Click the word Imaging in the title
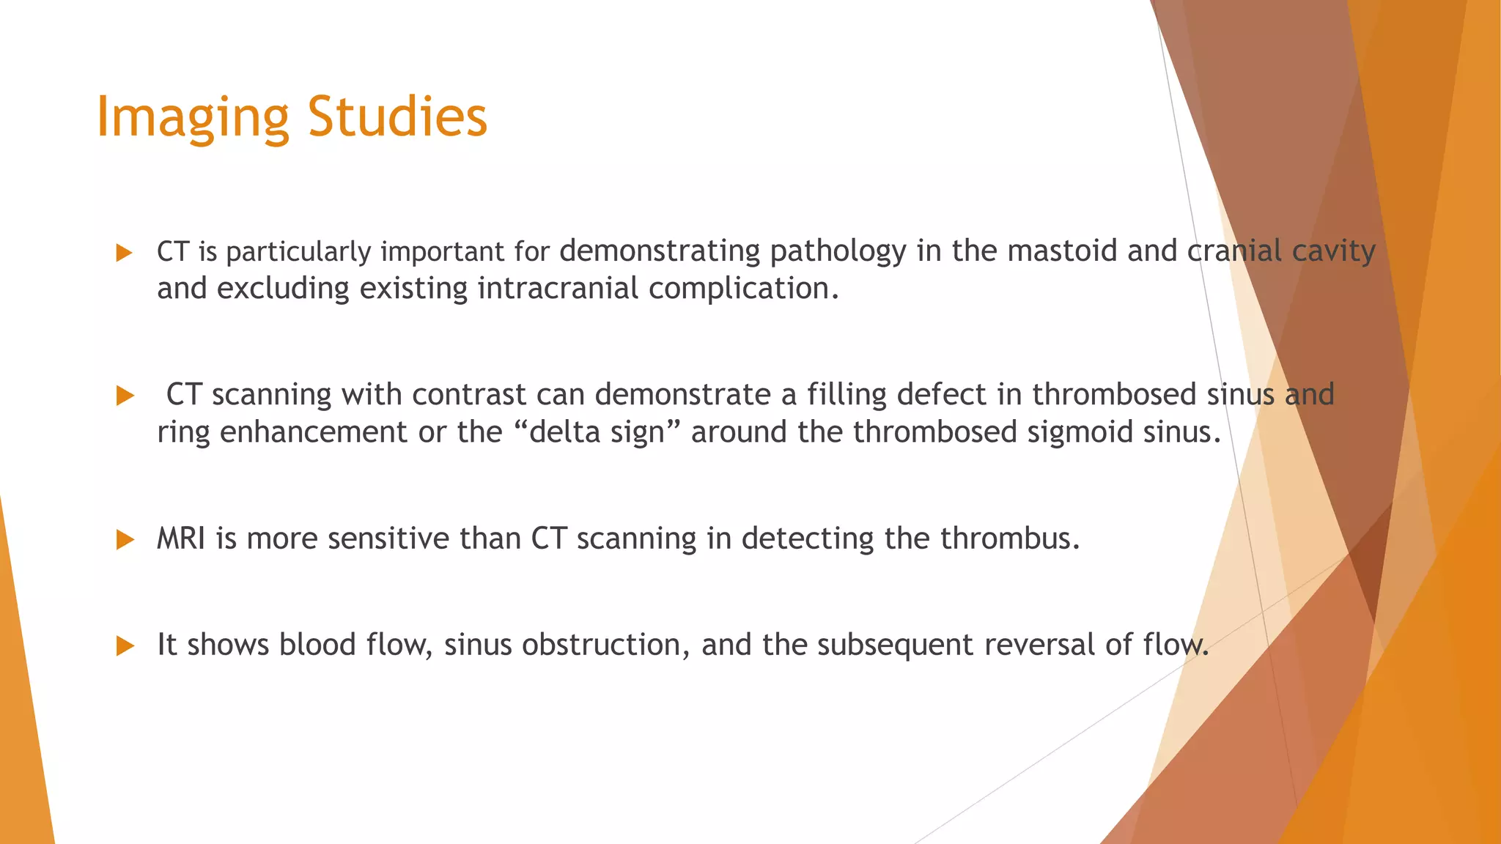pos(193,117)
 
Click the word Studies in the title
pos(397,117)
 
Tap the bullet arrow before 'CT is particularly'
pos(125,253)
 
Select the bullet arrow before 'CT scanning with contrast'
pos(125,396)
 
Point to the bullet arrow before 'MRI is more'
pos(125,541)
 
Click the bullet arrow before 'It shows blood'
pos(125,646)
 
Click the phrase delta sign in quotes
pos(597,432)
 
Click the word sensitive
pos(388,539)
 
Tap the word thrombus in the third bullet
pos(1009,539)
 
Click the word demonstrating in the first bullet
pos(660,251)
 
